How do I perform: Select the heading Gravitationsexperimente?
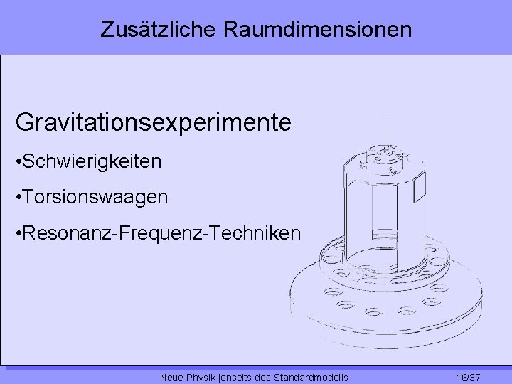tap(154, 122)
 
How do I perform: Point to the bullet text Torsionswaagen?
tap(96, 197)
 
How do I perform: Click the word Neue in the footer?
tap(173, 377)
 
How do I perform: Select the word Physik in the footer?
tap(202, 377)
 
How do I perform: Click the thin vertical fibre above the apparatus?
tap(385, 132)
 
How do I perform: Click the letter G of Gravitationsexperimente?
tap(23, 122)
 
